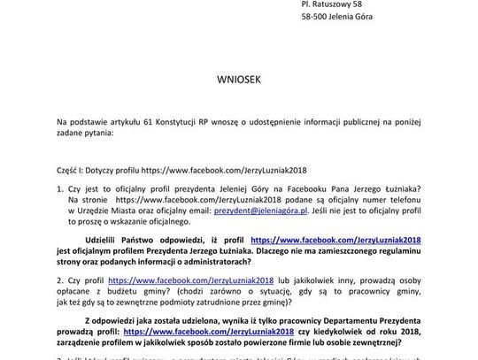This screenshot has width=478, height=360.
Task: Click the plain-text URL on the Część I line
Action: (223, 168)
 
